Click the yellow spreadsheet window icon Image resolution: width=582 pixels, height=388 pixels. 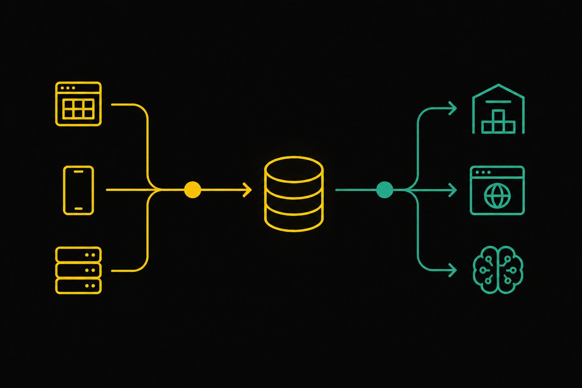78,104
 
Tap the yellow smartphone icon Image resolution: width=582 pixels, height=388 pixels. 78,190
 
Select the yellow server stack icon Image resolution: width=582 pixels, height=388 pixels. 78,270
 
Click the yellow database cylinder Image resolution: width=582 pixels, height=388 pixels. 294,194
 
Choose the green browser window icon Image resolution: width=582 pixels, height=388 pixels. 497,190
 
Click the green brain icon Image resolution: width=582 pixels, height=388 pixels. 498,270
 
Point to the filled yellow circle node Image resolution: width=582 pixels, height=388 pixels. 192,190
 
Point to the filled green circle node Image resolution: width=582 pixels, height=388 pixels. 384,190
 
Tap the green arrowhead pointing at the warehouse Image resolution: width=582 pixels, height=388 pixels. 453,108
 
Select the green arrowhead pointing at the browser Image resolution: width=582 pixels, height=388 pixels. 453,190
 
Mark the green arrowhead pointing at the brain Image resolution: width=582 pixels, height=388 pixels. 453,270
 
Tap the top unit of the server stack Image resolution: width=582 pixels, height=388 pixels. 78,255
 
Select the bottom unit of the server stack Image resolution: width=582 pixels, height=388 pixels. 78,286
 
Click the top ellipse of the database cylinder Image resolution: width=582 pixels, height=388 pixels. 294,170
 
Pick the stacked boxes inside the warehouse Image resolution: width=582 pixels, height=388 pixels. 498,122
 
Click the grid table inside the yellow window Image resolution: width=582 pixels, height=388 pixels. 78,109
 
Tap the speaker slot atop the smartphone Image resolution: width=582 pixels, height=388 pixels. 78,172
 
